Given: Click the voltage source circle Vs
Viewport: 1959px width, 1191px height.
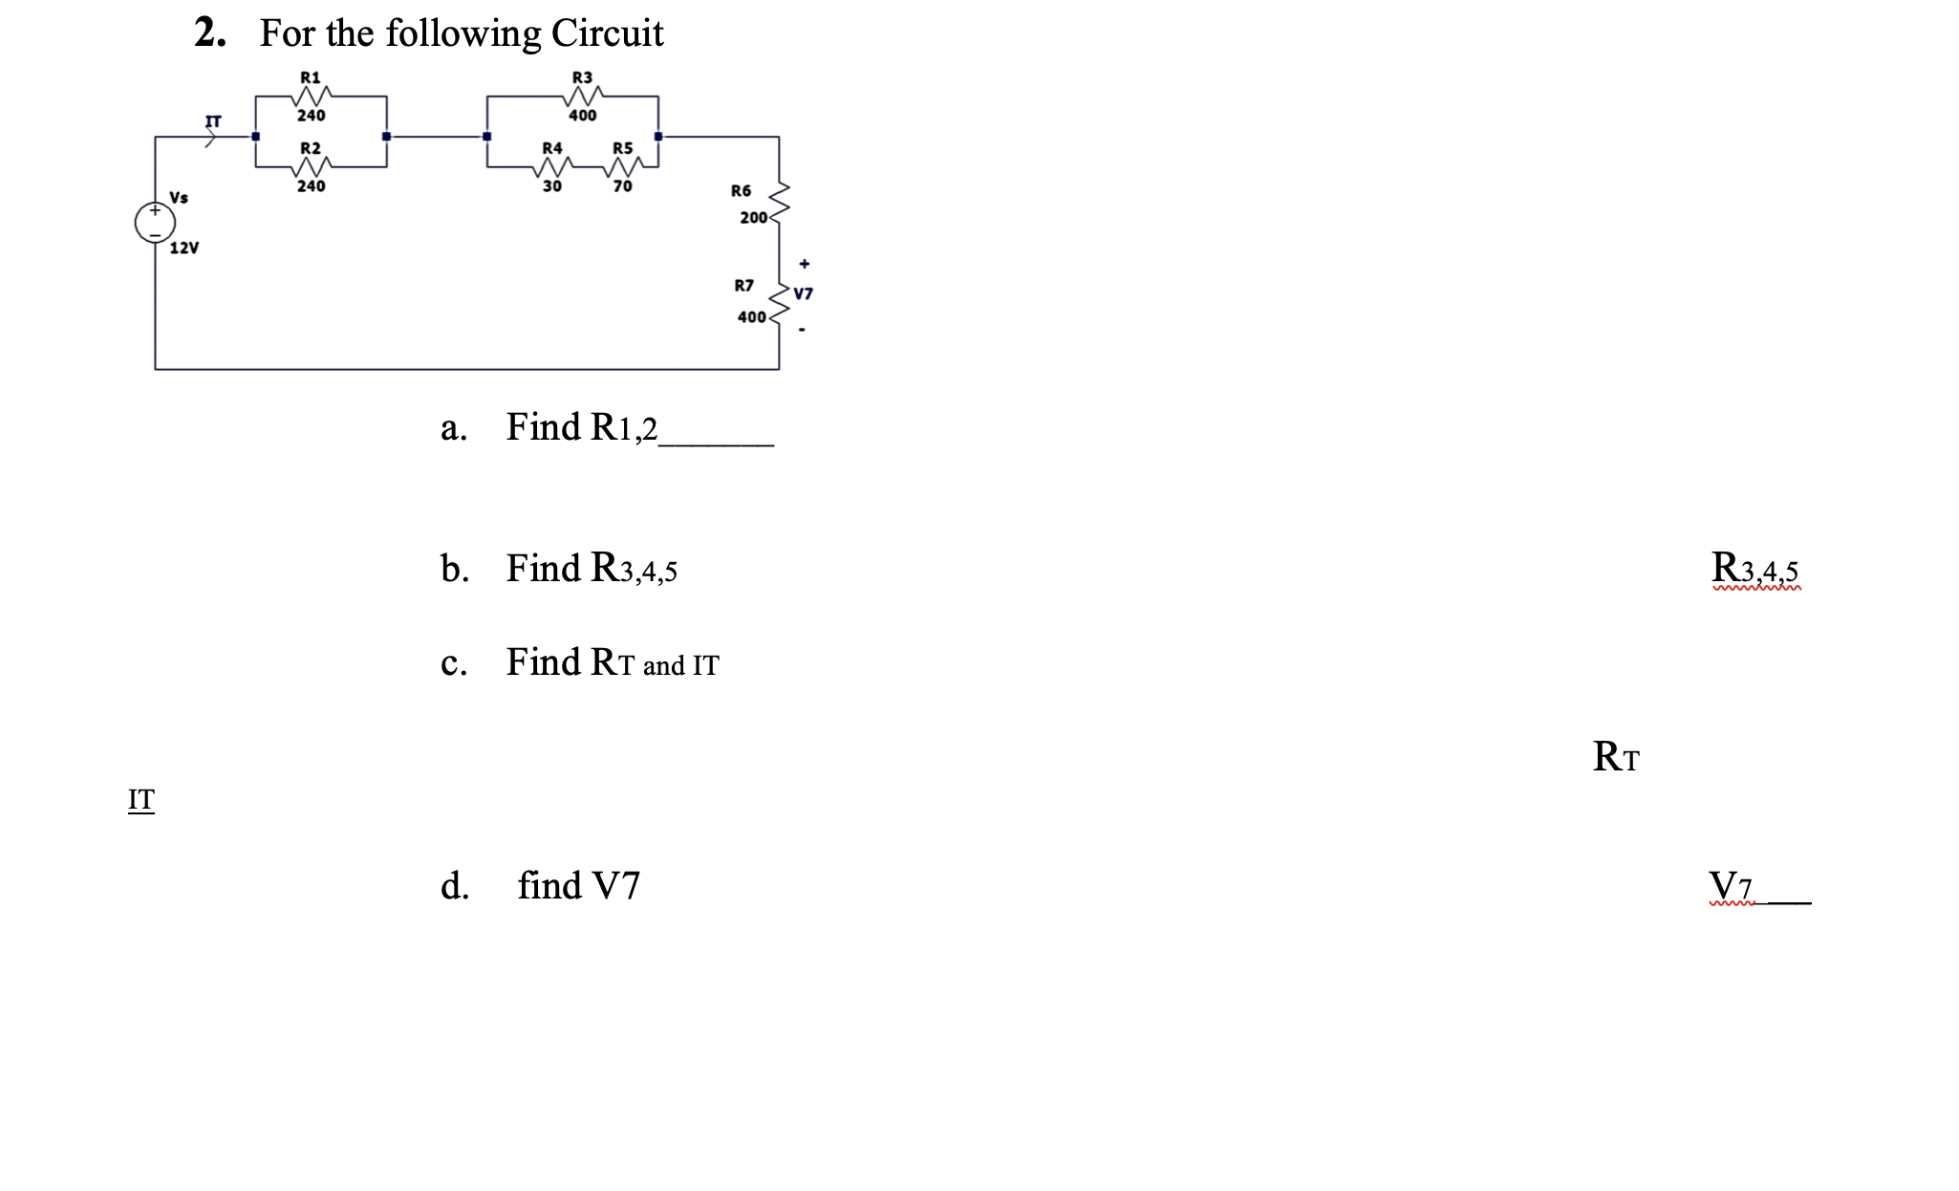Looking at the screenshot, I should (x=155, y=223).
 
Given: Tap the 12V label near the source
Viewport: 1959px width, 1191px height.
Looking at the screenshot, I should (x=184, y=249).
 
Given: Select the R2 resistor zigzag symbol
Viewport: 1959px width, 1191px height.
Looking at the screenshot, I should (x=312, y=167).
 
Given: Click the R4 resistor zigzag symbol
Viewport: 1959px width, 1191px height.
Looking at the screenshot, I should (x=552, y=168).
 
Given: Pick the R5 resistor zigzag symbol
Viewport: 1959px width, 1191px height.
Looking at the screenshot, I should (x=623, y=168).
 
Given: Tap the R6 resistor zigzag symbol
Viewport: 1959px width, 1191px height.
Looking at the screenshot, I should (x=780, y=202).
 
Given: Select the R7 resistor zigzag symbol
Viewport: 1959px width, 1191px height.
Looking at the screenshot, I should (x=780, y=301).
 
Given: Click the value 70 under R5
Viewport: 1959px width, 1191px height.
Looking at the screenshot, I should (x=623, y=186).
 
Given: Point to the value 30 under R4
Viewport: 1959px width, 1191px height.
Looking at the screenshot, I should (x=552, y=186).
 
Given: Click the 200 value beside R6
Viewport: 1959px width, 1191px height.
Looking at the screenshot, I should (x=753, y=218).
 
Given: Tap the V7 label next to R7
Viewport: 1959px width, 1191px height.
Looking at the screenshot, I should (x=804, y=293).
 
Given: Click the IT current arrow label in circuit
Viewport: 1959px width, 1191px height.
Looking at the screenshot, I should (x=213, y=122).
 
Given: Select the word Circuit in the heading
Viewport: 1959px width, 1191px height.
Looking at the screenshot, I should (x=607, y=33).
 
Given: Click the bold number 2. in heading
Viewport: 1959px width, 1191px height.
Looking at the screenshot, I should (x=210, y=33).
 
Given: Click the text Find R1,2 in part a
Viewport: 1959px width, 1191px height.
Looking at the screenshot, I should (x=581, y=427).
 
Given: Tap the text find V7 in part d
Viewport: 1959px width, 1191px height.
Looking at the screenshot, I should (x=578, y=886).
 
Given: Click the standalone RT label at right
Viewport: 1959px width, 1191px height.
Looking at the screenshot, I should (x=1616, y=757).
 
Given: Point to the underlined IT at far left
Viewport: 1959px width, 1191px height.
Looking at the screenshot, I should (x=141, y=799).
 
